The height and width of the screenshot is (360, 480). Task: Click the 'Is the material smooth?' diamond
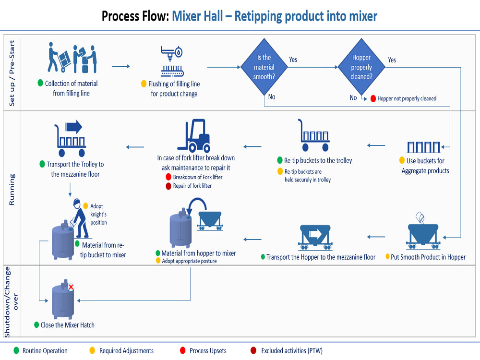coord(264,67)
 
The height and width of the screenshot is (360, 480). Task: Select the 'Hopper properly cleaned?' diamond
coord(361,67)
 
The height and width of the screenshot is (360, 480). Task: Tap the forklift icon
coord(194,136)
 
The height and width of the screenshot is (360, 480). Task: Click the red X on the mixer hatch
coord(71,287)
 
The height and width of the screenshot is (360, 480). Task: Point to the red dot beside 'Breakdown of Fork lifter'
coord(168,177)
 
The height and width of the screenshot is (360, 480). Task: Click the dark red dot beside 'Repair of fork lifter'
coord(168,186)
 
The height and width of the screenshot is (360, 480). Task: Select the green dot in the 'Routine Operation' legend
coord(16,350)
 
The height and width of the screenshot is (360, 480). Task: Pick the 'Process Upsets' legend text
coord(208,351)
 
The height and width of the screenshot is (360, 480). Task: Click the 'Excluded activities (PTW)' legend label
coord(292,351)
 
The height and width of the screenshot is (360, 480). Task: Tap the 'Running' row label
coord(12,190)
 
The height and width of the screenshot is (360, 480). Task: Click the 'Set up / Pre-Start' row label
coord(12,73)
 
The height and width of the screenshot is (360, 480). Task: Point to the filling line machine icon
coord(172,61)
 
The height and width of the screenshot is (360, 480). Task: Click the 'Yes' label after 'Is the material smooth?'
coord(293,60)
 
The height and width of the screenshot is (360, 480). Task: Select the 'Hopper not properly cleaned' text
coord(407,98)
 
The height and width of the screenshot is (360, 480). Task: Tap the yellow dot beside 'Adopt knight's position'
coord(86,206)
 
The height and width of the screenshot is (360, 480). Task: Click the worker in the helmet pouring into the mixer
coord(80,218)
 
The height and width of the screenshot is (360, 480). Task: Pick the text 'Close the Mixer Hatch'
coord(67,325)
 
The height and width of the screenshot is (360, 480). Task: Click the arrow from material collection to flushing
coord(121,66)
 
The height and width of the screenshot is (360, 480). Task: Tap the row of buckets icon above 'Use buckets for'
coord(423,147)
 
